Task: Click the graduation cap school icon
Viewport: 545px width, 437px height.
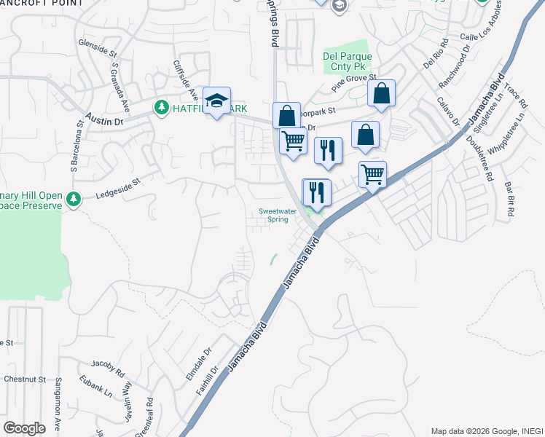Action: [x=216, y=101]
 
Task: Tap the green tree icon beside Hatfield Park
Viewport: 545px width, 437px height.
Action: [x=160, y=108]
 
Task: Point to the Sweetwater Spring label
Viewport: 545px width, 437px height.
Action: [x=278, y=215]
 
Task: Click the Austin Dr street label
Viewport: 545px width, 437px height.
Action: [x=103, y=119]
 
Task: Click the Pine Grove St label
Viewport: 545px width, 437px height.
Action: [x=353, y=82]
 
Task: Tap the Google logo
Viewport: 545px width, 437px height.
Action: [x=24, y=428]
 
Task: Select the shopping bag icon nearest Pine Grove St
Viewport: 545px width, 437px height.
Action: [x=381, y=93]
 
